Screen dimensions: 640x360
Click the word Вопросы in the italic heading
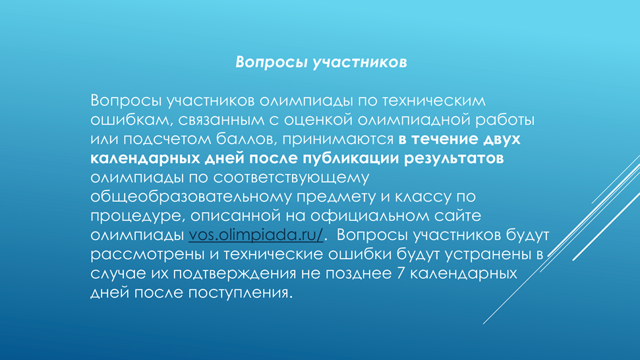(x=271, y=62)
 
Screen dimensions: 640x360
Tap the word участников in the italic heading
(x=360, y=62)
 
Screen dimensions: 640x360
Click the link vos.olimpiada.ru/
(x=256, y=235)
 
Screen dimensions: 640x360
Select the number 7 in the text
(x=400, y=273)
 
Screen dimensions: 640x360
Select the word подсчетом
(x=167, y=139)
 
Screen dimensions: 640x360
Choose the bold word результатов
(x=454, y=159)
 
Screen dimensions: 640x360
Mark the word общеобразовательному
(x=191, y=196)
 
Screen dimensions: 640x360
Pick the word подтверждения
(x=234, y=274)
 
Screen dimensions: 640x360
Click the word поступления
(x=241, y=293)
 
